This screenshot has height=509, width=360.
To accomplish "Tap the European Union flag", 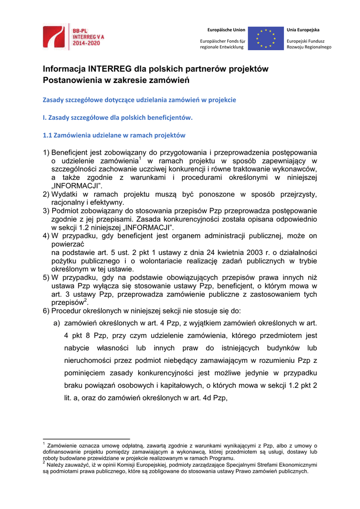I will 266,38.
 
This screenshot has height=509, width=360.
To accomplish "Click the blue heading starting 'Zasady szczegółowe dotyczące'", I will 139,99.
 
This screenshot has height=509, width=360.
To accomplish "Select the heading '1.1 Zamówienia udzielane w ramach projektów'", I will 114,135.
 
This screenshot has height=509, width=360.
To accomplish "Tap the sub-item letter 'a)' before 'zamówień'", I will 57,323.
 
